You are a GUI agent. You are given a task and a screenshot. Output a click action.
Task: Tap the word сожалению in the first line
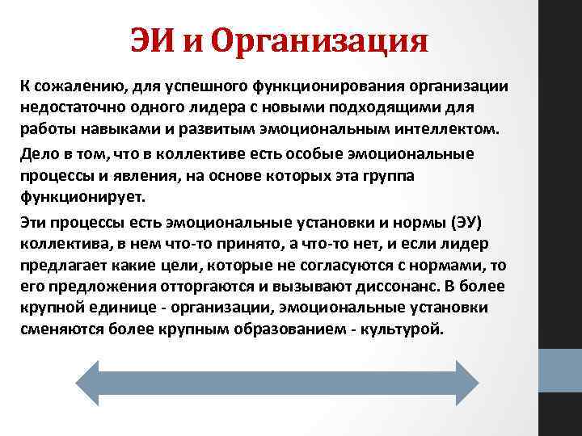tap(74, 86)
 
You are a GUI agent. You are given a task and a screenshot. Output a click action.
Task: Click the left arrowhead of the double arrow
tap(91, 381)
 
